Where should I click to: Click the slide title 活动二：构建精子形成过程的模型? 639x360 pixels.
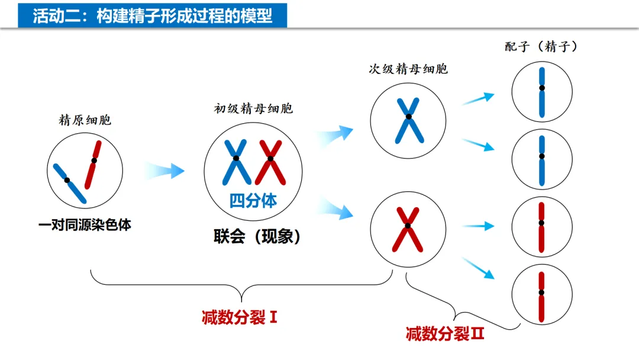coord(153,16)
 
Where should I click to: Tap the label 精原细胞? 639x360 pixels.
coord(85,121)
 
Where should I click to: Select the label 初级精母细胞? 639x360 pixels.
coord(253,109)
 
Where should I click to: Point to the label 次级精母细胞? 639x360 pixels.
coord(408,69)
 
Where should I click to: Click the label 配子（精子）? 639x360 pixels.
coord(541,47)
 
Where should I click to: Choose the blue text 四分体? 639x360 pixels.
coord(253,201)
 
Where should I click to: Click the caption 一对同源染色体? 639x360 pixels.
coord(85,225)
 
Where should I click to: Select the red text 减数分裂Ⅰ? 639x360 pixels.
coord(240,317)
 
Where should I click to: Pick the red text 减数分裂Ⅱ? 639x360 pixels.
coord(446,334)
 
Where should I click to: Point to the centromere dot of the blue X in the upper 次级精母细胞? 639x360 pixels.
coord(408,118)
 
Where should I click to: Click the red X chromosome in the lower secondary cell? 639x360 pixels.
coord(408,227)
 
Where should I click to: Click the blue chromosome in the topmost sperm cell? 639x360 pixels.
coord(541,91)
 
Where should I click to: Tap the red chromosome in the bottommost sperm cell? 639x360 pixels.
coord(541,295)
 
